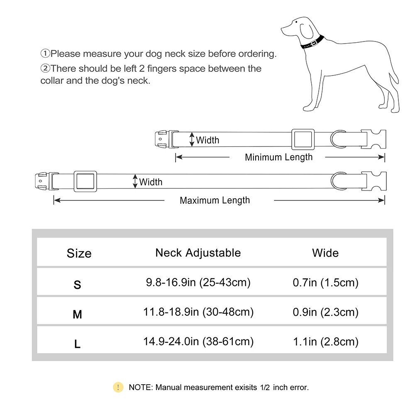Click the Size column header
coord(79,253)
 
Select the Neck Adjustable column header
coord(198,252)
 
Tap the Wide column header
coord(325,253)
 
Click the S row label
coord(77,285)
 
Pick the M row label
coord(77,315)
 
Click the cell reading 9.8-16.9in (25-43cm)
coord(198,283)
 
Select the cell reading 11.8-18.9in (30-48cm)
coord(198,312)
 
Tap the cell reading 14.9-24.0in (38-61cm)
coord(198,342)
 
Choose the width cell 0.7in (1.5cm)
coord(325,283)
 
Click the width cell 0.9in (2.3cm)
coord(325,312)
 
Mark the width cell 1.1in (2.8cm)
coord(325,342)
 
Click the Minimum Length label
coord(278,157)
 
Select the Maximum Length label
coord(215,200)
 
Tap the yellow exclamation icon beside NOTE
coord(118,387)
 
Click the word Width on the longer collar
coord(151,182)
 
